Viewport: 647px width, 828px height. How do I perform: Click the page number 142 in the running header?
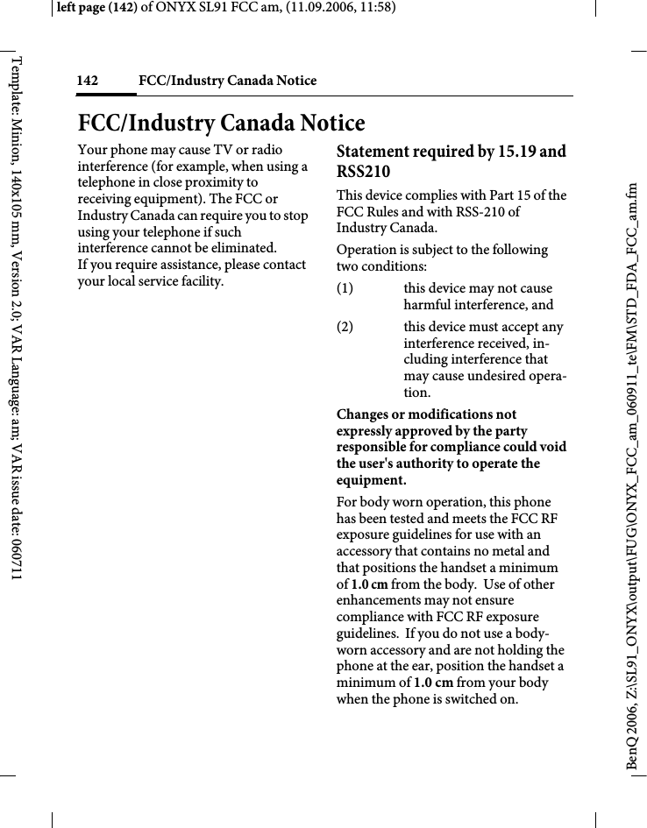87,81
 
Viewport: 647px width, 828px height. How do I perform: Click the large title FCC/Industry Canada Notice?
221,122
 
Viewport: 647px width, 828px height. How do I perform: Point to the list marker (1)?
346,288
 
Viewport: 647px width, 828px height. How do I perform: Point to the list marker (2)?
346,327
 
